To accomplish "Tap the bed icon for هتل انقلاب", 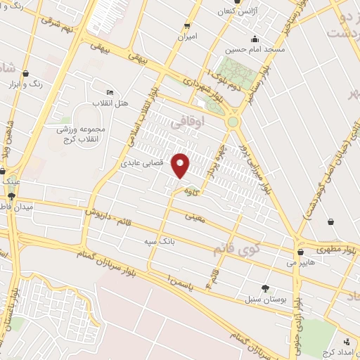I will pyautogui.click(x=108, y=93).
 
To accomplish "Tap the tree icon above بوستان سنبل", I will pyautogui.click(x=265, y=288).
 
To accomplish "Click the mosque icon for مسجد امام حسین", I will pyautogui.click(x=255, y=39).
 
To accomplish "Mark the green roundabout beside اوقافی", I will pyautogui.click(x=232, y=122).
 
